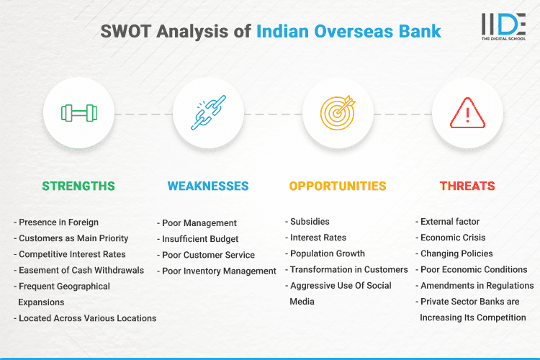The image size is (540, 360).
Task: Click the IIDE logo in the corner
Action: pyautogui.click(x=504, y=27)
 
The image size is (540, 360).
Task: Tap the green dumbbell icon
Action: pyautogui.click(x=78, y=113)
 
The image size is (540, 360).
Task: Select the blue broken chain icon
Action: pyautogui.click(x=208, y=113)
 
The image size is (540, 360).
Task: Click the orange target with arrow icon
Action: pyautogui.click(x=338, y=113)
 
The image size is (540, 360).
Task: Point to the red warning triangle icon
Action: pyautogui.click(x=467, y=113)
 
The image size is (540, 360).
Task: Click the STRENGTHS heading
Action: pyautogui.click(x=78, y=186)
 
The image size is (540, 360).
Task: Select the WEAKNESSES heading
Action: pyautogui.click(x=208, y=186)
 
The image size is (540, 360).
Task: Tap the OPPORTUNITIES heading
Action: pyautogui.click(x=338, y=186)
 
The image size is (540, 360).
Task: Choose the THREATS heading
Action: pyautogui.click(x=467, y=186)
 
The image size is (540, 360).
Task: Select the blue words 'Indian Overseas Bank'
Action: pyautogui.click(x=348, y=32)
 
